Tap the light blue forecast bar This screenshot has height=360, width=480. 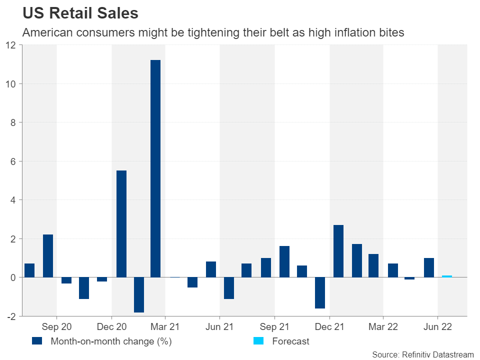447,276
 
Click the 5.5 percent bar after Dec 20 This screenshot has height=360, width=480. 121,224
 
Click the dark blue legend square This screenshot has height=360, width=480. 36,341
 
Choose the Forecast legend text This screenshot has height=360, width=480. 291,341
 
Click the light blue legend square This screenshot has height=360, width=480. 258,341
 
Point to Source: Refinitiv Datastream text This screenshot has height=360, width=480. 422,354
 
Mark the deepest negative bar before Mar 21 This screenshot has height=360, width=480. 139,294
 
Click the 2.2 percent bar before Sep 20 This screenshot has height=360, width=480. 48,256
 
